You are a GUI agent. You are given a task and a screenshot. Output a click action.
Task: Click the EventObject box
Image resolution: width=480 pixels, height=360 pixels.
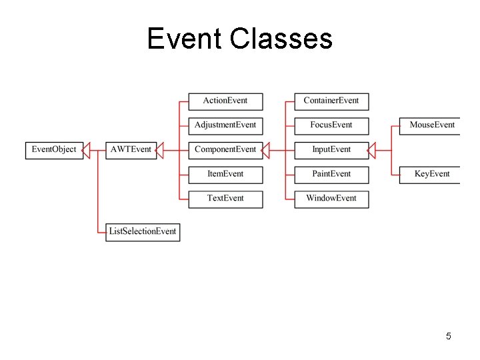54,149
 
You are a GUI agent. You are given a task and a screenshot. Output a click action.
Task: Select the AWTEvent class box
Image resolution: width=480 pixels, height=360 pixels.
131,149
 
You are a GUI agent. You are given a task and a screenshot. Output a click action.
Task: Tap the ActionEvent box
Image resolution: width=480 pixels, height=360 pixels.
225,101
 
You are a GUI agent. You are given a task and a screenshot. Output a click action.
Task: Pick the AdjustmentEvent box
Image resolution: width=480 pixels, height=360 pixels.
225,125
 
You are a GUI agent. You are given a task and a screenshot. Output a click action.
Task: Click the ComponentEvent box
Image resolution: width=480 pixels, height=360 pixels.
225,149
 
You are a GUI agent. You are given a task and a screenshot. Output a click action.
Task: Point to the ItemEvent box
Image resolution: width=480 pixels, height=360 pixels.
225,174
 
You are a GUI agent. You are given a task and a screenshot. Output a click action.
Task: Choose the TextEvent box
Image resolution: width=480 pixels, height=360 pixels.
225,198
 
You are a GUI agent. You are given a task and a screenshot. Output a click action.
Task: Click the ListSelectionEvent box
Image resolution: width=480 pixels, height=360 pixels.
143,231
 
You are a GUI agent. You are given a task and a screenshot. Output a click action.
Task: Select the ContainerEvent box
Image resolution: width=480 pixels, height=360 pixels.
331,101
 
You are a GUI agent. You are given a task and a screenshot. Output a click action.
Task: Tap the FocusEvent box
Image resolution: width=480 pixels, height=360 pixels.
331,125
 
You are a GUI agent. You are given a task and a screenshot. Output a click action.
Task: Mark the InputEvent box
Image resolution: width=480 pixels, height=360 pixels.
331,149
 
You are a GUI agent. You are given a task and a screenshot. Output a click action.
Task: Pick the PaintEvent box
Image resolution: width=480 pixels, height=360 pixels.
331,174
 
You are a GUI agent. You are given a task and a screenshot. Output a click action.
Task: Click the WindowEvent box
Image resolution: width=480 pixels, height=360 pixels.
331,198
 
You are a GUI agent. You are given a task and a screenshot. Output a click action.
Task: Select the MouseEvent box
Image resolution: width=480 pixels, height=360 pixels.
431,125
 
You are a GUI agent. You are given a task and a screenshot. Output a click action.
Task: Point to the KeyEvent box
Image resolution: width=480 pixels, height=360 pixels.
431,174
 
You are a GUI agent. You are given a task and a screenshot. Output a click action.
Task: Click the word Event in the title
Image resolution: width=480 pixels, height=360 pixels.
184,39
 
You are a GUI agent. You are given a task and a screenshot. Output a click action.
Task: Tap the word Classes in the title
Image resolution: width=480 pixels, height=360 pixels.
281,39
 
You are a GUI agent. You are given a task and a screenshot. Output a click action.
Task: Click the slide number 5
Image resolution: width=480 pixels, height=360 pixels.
449,336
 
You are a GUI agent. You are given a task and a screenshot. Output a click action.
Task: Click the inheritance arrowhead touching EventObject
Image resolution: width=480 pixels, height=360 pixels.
86,150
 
